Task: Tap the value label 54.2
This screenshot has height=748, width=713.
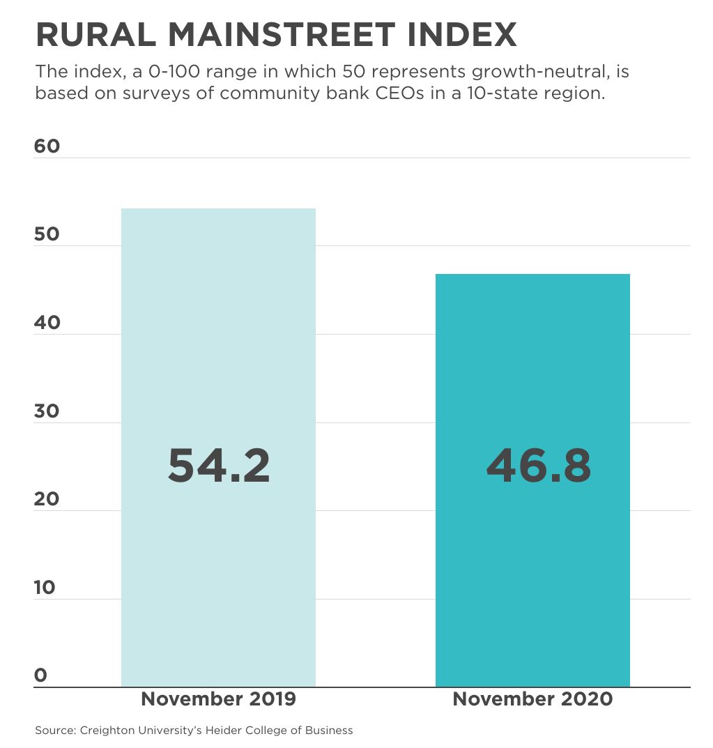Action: [x=219, y=466]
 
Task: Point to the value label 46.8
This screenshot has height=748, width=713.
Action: [x=538, y=466]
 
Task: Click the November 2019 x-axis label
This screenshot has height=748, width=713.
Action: [x=218, y=699]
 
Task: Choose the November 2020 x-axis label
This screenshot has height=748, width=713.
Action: [x=532, y=699]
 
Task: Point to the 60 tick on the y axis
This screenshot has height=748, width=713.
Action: [x=47, y=146]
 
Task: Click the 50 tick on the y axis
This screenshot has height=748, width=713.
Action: [x=47, y=234]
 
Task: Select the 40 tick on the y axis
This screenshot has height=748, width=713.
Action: [x=47, y=323]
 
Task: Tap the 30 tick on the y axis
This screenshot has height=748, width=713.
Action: [x=47, y=411]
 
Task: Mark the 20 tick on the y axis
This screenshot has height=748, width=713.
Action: [x=47, y=499]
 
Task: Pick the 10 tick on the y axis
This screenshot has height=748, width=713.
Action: [x=45, y=588]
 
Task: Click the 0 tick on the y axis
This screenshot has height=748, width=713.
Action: [x=40, y=676]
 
